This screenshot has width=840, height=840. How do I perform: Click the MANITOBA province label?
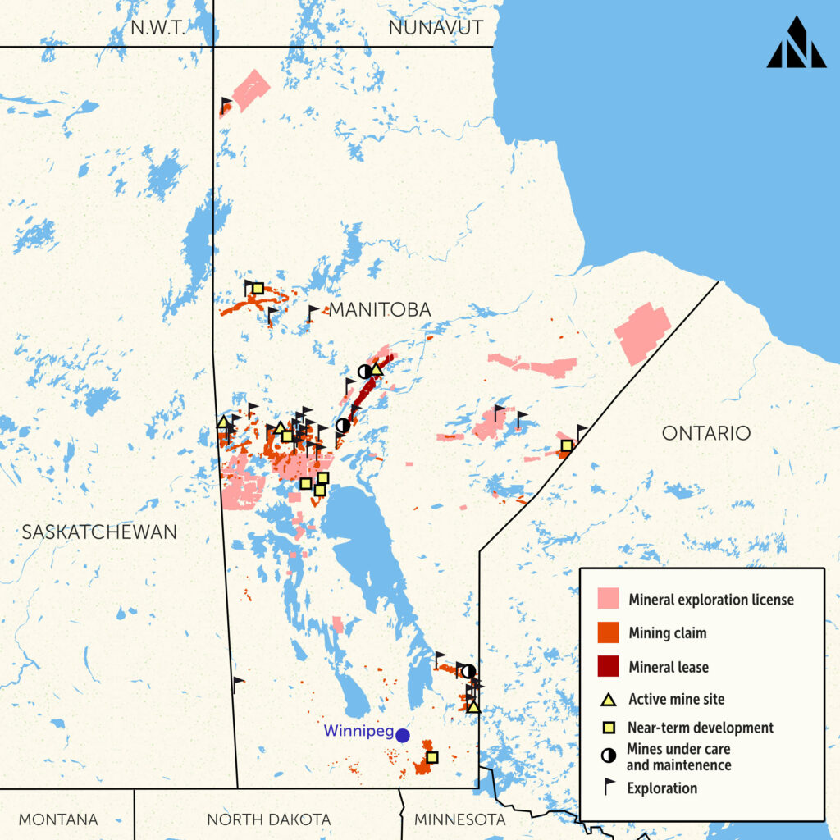click(x=380, y=309)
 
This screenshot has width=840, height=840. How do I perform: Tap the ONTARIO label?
click(x=706, y=433)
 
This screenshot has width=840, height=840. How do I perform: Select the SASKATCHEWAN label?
click(x=99, y=532)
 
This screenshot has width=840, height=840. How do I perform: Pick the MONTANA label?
click(x=58, y=819)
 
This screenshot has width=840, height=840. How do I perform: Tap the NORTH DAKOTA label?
click(x=269, y=819)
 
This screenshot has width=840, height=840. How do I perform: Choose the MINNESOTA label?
click(x=460, y=819)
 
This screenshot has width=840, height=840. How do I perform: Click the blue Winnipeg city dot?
click(x=403, y=736)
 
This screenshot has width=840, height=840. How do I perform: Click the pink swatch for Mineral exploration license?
click(x=608, y=599)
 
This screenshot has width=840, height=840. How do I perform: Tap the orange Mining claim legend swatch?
click(x=608, y=632)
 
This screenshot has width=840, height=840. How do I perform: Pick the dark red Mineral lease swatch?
click(x=608, y=666)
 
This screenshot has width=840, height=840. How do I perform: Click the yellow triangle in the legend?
click(x=608, y=700)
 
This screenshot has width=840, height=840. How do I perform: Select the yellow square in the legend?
click(x=608, y=728)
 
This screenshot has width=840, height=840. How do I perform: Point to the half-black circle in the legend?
click(x=608, y=756)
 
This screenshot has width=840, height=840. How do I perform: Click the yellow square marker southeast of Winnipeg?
click(x=432, y=757)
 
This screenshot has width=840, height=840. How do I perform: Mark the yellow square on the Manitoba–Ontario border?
click(x=566, y=445)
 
